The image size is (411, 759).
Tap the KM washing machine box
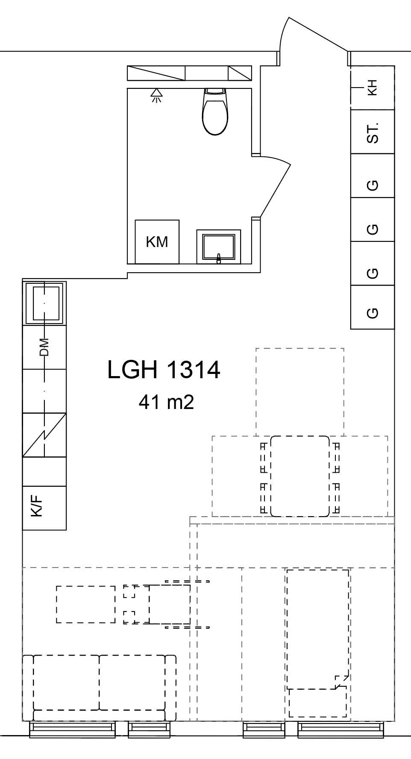click(157, 242)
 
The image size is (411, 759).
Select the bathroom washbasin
click(219, 247)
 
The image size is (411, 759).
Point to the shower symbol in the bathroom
click(157, 95)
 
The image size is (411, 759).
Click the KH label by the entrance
click(372, 88)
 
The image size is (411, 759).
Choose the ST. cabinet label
click(373, 132)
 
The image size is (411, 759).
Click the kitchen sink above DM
click(44, 303)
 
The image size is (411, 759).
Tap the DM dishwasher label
click(44, 347)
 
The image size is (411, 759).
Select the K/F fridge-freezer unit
click(44, 508)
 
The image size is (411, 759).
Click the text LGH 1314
click(164, 370)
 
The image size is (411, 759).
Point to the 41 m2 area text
click(166, 402)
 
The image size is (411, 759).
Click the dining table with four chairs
click(300, 476)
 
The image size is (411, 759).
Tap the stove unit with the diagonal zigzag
click(44, 435)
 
